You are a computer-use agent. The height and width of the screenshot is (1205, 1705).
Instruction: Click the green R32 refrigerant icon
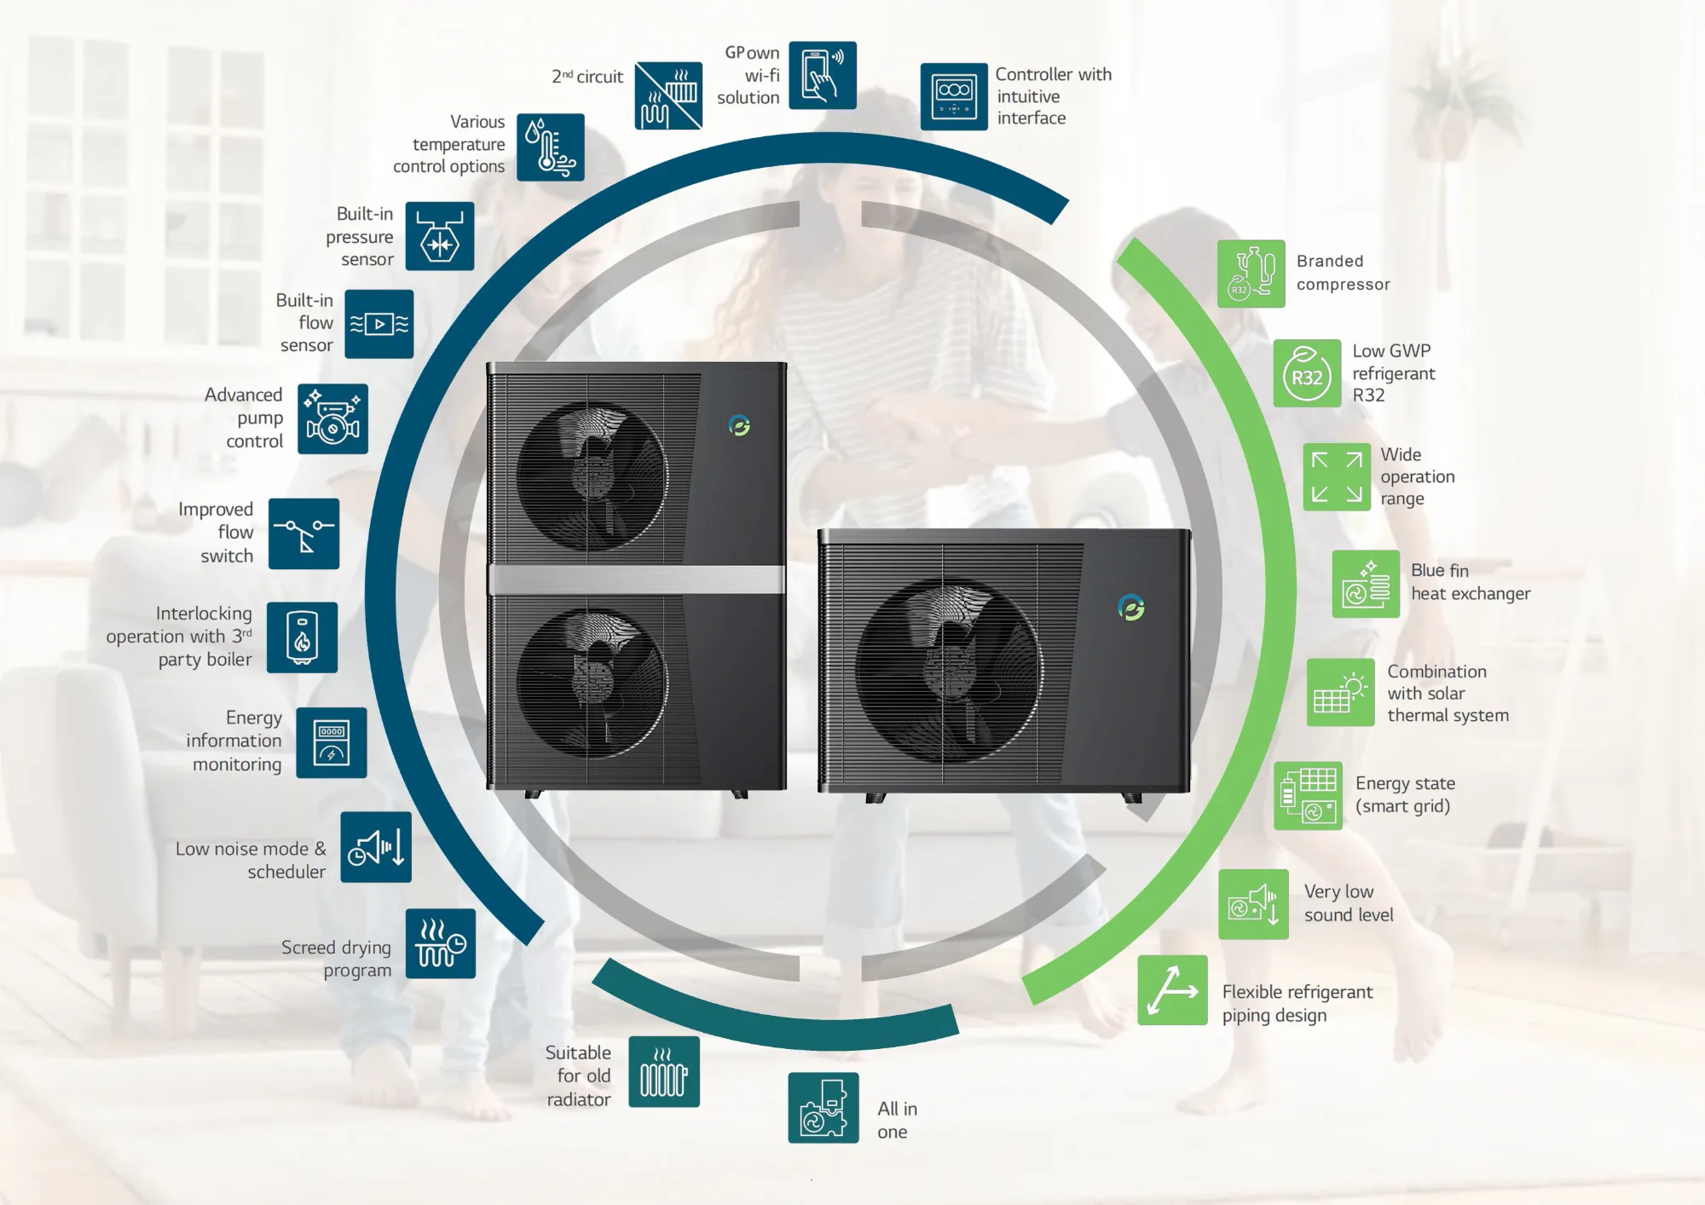1307,373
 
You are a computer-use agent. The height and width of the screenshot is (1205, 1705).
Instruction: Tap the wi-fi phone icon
822,75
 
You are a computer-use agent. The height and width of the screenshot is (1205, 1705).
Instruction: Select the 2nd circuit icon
668,95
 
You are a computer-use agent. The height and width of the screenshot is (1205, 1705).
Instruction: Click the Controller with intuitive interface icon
954,96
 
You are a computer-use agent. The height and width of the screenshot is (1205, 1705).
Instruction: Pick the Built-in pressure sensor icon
440,236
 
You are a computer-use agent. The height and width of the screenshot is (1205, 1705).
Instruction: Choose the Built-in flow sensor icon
379,324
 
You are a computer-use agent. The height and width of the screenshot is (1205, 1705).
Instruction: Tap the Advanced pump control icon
332,418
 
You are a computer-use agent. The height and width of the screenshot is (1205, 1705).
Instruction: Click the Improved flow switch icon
303,533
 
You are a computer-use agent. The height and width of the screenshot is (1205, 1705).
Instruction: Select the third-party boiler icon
302,637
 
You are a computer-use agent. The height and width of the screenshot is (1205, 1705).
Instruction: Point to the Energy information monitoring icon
332,742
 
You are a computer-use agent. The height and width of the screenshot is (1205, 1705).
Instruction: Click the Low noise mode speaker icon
376,847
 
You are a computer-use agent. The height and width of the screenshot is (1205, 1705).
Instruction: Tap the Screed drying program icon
441,943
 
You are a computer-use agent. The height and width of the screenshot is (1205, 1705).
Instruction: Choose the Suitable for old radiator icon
664,1072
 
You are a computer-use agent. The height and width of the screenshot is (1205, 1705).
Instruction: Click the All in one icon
824,1108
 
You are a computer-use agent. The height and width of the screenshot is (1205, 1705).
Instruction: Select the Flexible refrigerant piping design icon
1172,990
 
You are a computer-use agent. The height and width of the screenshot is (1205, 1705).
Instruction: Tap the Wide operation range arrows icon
1337,476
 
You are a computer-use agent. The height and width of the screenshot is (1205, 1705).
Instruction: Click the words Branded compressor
1343,273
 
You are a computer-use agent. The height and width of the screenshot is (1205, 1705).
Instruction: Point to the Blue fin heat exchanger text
1471,582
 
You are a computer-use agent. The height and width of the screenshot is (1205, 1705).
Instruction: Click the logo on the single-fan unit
1131,608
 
